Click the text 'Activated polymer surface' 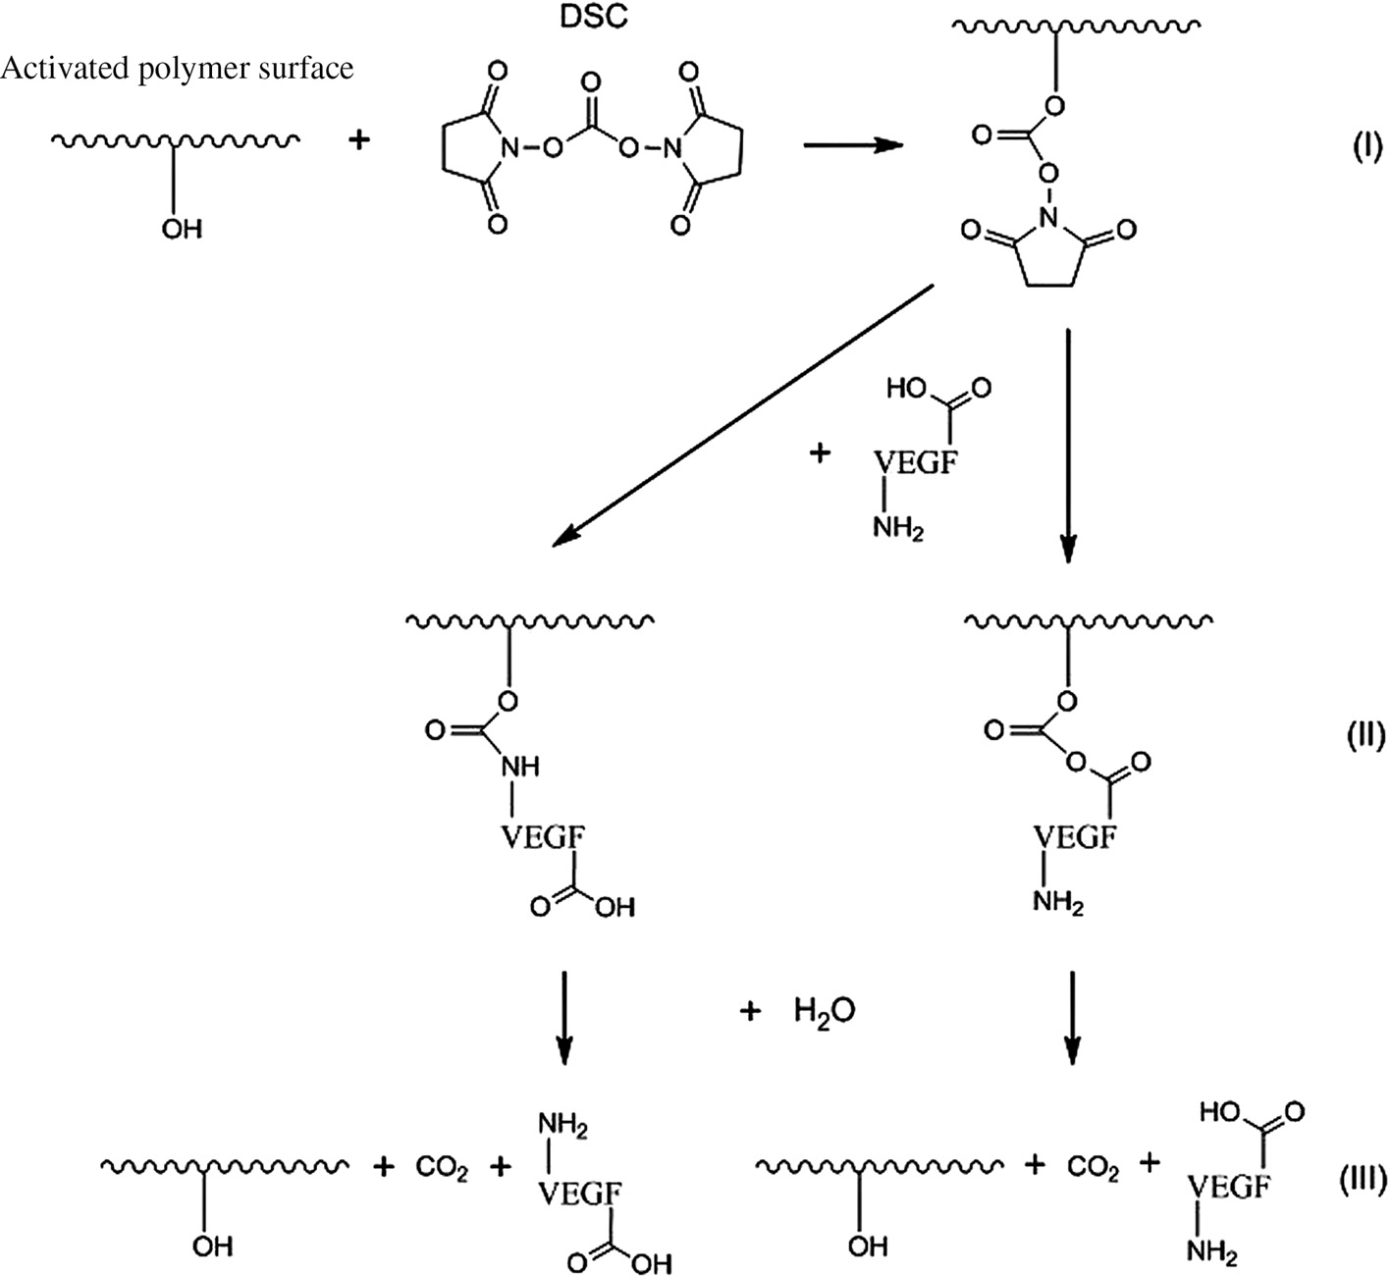[178, 69]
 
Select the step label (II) [1363, 735]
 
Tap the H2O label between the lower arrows [824, 1011]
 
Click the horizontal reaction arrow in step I [852, 145]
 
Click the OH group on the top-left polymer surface [182, 229]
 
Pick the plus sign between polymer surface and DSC [360, 141]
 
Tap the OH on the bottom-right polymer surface [867, 1246]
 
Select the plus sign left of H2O [751, 1011]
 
